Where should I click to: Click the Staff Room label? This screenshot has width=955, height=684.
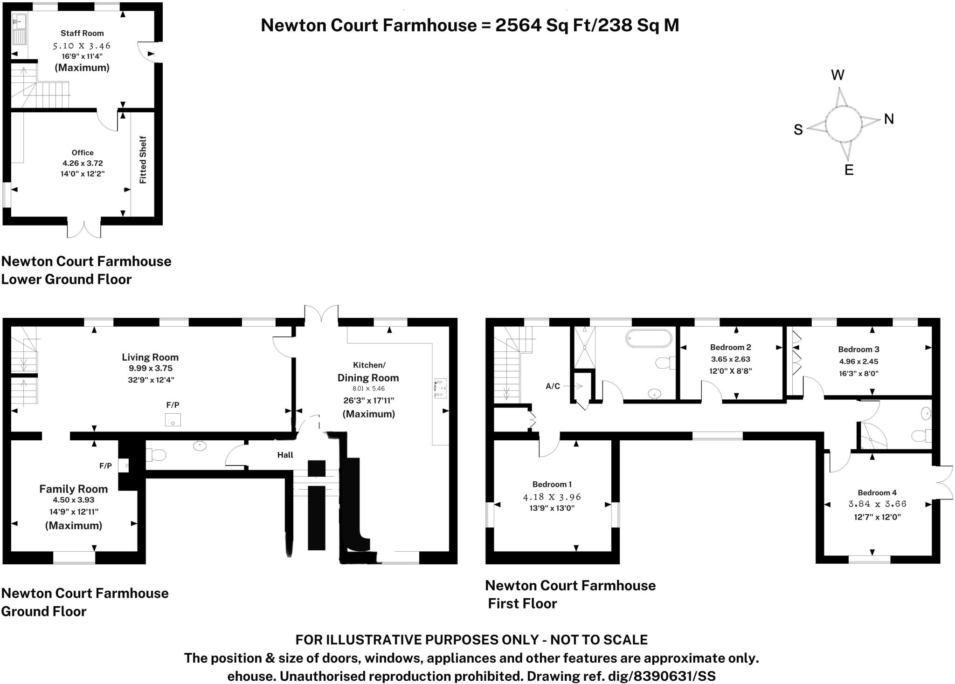(x=82, y=33)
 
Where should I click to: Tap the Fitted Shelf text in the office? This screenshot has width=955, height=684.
(x=143, y=160)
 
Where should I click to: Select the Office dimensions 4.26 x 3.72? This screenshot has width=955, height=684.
(x=83, y=163)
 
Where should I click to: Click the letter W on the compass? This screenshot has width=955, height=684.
(x=837, y=75)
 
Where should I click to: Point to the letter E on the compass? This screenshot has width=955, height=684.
(x=849, y=170)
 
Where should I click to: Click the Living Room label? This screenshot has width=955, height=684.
(x=150, y=357)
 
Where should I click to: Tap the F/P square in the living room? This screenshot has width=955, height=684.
(x=173, y=420)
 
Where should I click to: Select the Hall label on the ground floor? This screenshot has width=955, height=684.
(x=285, y=455)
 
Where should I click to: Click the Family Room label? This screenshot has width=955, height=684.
(x=73, y=489)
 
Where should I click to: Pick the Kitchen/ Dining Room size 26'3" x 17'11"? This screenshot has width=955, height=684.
(x=368, y=400)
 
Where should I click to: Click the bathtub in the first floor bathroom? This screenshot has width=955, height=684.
(x=649, y=338)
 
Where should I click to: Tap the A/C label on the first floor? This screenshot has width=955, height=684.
(x=553, y=386)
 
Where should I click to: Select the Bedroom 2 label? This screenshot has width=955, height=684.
(x=730, y=347)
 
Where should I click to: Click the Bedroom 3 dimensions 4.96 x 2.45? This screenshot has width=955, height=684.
(x=858, y=361)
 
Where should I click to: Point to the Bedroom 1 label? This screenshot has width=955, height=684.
(x=552, y=484)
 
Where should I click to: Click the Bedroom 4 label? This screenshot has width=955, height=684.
(x=877, y=492)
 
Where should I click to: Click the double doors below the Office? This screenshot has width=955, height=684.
(x=84, y=228)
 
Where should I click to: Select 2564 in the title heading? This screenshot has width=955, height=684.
(x=516, y=25)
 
